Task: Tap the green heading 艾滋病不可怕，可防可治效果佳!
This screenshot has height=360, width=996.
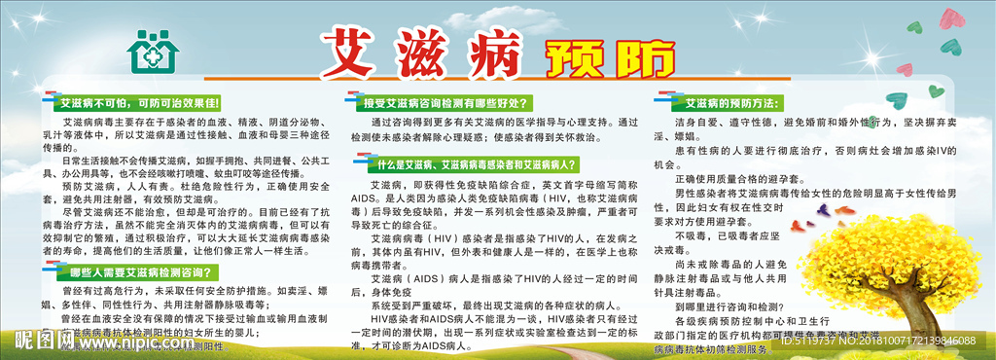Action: [x=141, y=101]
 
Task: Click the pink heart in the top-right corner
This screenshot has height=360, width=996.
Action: [x=950, y=17]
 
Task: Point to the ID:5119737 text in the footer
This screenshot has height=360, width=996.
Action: [x=827, y=340]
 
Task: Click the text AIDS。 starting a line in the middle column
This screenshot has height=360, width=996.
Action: [x=364, y=197]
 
